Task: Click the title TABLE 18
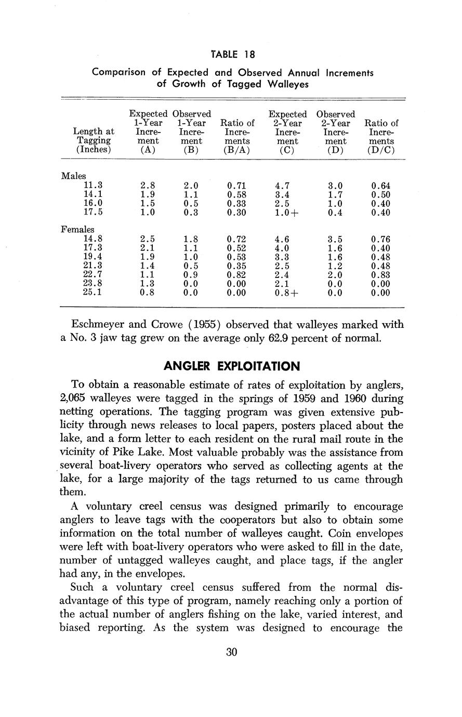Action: point(232,55)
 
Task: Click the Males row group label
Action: point(73,176)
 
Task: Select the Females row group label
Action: point(78,229)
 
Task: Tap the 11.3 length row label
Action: point(93,185)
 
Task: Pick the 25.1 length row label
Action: point(93,293)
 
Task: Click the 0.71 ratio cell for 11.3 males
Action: point(236,185)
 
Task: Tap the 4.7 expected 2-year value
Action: point(284,185)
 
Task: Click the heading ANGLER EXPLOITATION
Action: point(232,366)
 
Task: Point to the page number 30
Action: point(232,652)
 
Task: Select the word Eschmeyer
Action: point(96,325)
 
